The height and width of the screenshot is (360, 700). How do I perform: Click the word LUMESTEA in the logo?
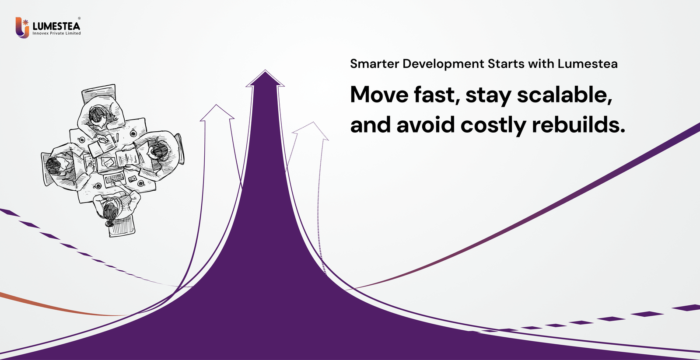click(x=56, y=26)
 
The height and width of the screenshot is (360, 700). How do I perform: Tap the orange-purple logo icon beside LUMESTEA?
click(x=22, y=28)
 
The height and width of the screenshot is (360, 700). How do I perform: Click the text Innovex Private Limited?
click(x=56, y=33)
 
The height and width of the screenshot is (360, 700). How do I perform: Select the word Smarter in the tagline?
click(x=374, y=64)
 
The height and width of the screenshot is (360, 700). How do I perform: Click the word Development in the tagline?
click(x=443, y=64)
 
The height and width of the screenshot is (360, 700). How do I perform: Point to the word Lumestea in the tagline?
click(x=587, y=64)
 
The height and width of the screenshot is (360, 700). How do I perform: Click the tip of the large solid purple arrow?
click(x=265, y=72)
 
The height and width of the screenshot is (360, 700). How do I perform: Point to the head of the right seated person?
click(x=158, y=151)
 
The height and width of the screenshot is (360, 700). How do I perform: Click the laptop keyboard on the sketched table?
click(x=115, y=178)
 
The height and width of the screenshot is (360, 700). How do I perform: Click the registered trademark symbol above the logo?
click(x=79, y=18)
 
